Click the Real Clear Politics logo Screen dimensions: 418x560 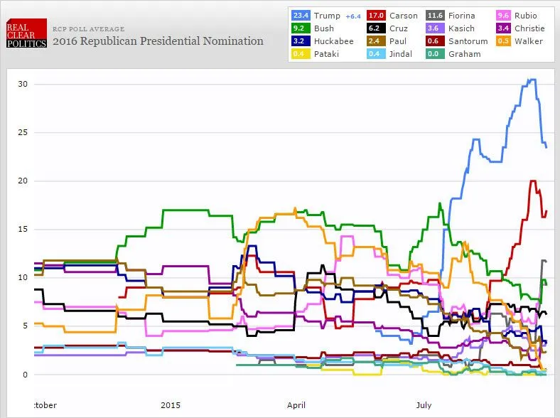[26, 33]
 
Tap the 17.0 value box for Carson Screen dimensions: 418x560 [376, 16]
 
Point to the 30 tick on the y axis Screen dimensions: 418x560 [23, 84]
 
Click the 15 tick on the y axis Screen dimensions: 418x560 [23, 229]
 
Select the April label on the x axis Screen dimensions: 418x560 [296, 405]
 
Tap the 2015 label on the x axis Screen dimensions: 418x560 [171, 405]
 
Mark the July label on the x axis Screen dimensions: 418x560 [424, 405]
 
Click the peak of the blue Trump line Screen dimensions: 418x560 [532, 80]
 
